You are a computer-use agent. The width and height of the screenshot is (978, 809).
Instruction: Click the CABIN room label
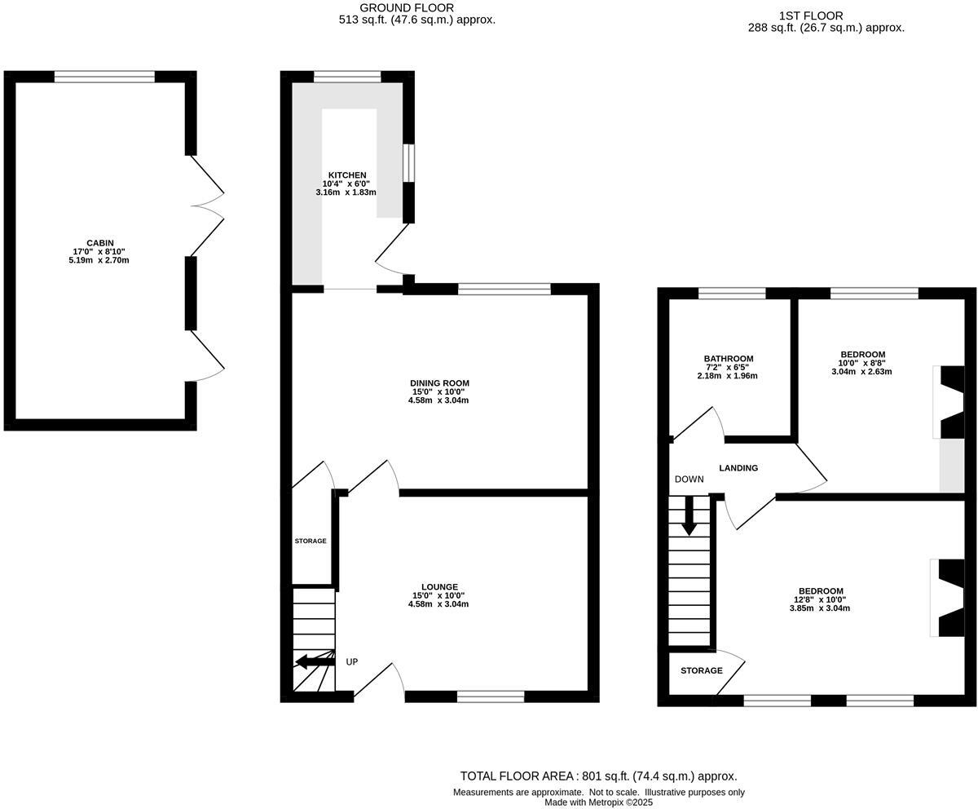[99, 243]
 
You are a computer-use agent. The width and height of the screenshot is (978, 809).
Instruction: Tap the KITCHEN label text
[347, 175]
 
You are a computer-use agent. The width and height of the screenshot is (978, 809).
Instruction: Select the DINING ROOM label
[439, 382]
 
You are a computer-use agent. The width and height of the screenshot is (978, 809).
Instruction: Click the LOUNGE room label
[439, 587]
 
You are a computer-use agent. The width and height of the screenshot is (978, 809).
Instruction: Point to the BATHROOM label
[729, 359]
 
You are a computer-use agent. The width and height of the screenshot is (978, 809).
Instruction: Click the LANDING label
[738, 468]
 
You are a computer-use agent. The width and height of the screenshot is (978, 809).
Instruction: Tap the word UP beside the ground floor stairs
[352, 662]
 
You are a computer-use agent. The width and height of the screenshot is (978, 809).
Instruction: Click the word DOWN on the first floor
[689, 480]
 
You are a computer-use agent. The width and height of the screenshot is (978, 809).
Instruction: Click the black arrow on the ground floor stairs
[314, 661]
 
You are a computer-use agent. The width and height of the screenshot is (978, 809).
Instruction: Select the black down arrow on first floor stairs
[689, 517]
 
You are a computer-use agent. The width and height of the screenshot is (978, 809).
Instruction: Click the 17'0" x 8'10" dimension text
[99, 252]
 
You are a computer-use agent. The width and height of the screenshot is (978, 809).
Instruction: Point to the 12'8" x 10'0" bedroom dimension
[820, 599]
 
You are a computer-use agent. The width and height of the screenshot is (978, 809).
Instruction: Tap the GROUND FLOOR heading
[418, 8]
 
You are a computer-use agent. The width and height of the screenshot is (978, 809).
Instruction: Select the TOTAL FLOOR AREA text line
[598, 776]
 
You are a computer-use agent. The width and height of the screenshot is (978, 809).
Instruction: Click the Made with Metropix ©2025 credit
[598, 802]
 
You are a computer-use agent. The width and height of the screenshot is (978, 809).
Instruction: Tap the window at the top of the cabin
[104, 77]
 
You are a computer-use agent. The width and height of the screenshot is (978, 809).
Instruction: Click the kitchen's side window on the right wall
[409, 163]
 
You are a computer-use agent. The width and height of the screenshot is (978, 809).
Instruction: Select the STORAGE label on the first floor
[702, 670]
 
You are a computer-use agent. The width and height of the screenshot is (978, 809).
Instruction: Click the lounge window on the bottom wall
[490, 696]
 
